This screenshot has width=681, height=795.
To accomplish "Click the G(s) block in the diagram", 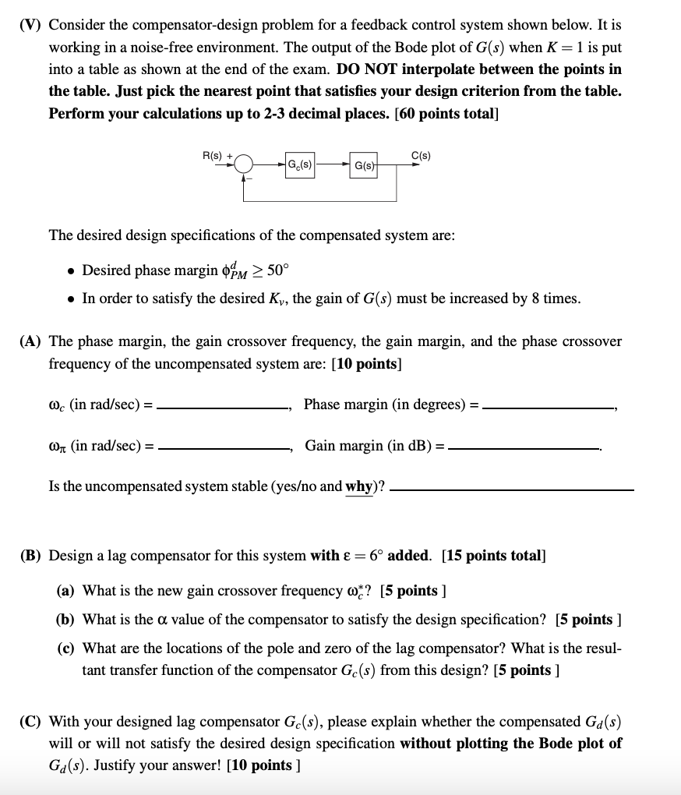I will coord(364,166).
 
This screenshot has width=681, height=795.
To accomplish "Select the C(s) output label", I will coord(422,156).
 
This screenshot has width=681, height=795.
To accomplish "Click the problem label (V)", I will coord(31,24).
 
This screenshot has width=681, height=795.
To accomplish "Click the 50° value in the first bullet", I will coord(278,270).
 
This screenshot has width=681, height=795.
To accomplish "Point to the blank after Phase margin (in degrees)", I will coord(549,407).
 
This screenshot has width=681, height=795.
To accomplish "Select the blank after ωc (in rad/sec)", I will coord(224,407).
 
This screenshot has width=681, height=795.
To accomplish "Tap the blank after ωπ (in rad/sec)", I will coord(224,448).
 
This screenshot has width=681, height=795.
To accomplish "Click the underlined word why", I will coord(358,486).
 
